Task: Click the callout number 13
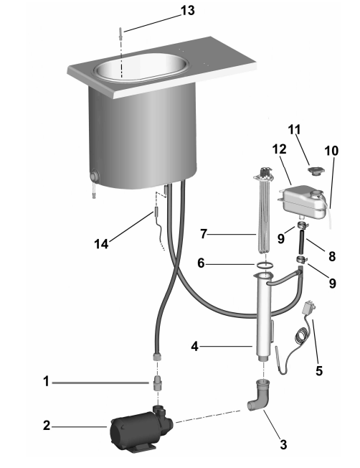coord(188,11)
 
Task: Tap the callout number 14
coord(101,244)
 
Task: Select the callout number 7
coord(204,234)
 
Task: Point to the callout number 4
coord(194,347)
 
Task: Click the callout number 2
coord(47,426)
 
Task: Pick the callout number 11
coord(294,130)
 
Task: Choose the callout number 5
coord(319,370)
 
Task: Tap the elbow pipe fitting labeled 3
coord(258,396)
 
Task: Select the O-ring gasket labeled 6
coord(264,264)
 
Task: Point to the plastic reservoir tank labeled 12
coord(301,200)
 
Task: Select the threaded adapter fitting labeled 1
coord(156,383)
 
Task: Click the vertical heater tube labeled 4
coord(263,317)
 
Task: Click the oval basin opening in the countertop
coord(141,67)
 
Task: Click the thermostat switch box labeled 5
coord(307,309)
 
